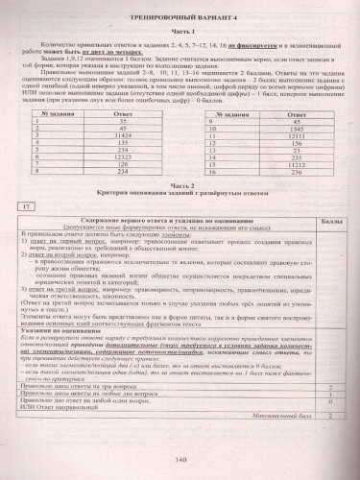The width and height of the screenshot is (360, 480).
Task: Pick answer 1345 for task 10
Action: click(271, 131)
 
